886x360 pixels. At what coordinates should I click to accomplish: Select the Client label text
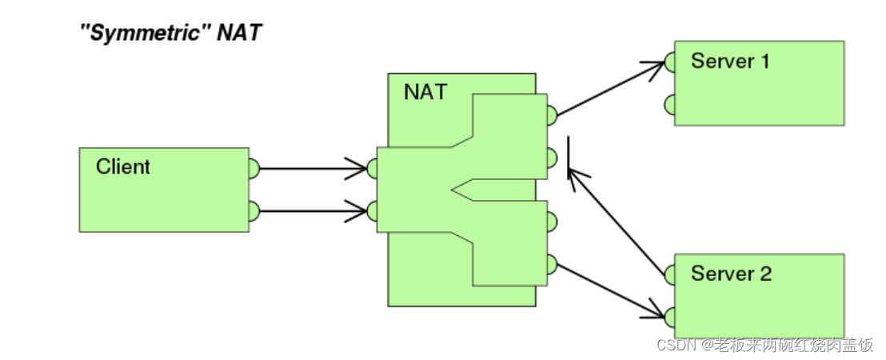tap(122, 167)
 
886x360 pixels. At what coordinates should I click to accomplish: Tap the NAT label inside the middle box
tap(425, 91)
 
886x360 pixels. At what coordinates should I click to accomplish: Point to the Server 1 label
tap(730, 61)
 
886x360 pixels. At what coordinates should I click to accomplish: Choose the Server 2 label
tap(731, 274)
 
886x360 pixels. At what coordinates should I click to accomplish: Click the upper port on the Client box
tap(253, 169)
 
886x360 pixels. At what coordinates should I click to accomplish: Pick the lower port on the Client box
tap(253, 212)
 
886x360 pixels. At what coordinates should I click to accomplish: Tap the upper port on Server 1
tap(670, 61)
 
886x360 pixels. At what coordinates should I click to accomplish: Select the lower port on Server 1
tap(670, 104)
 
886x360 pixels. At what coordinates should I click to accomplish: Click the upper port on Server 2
tap(670, 274)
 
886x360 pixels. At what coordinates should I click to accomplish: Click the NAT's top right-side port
tap(551, 115)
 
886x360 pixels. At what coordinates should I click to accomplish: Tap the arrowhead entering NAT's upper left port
tap(359, 169)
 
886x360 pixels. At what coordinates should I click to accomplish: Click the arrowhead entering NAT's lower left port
tap(359, 212)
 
